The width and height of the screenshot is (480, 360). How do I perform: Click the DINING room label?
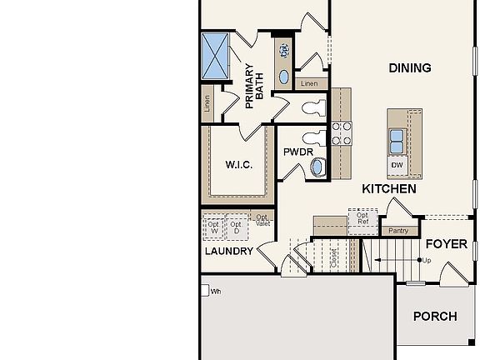click(409, 68)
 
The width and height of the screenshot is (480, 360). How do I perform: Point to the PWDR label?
click(297, 153)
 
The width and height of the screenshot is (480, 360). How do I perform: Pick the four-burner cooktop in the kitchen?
click(342, 134)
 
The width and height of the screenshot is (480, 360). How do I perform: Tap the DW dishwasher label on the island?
click(397, 165)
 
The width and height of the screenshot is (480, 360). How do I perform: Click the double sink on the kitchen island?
click(397, 142)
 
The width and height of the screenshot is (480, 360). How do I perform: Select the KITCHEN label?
click(388, 189)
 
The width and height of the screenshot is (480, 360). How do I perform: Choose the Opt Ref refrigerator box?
click(362, 218)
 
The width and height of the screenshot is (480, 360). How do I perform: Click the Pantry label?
click(398, 231)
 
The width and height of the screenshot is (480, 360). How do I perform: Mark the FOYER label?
click(446, 244)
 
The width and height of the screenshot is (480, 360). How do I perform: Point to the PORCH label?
click(435, 317)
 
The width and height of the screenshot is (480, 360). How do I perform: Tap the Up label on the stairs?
click(427, 261)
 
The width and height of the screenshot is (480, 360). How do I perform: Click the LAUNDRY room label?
click(228, 251)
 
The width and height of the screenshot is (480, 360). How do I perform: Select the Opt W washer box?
click(213, 227)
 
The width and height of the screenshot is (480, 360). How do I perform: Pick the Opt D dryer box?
click(236, 227)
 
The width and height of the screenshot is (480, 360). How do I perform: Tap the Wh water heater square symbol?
click(204, 291)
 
